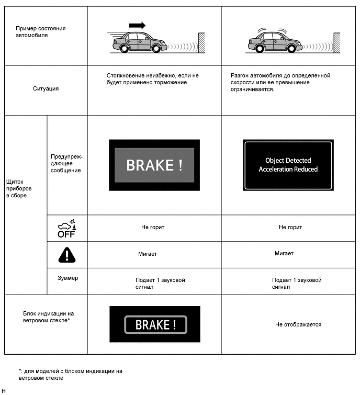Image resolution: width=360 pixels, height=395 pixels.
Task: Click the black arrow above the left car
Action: click(x=137, y=25)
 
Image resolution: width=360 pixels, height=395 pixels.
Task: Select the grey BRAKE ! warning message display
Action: click(x=154, y=165)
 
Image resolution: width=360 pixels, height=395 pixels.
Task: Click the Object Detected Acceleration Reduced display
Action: click(x=288, y=165)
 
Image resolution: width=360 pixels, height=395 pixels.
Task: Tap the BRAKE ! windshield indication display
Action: click(x=155, y=324)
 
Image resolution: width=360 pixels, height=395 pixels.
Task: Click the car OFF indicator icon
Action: click(x=66, y=229)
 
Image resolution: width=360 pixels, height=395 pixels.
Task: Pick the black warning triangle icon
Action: click(x=66, y=255)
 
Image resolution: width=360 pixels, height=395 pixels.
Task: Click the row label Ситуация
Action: click(x=46, y=88)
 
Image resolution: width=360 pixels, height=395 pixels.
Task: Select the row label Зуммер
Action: click(x=67, y=278)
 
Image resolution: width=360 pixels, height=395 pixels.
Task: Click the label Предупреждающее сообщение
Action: click(x=66, y=163)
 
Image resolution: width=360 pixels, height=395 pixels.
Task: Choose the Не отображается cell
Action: click(x=298, y=324)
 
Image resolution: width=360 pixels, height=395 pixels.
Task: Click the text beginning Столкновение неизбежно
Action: click(x=152, y=79)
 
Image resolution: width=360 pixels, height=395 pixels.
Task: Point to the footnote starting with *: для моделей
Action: click(x=70, y=374)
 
